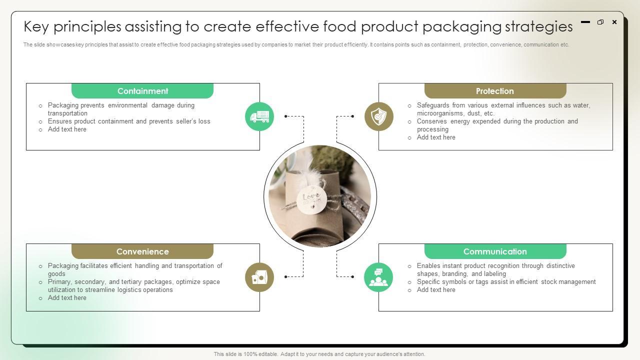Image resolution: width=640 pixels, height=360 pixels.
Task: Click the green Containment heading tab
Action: tap(142, 91)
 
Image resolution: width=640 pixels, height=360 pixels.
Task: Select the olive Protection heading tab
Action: tap(495, 91)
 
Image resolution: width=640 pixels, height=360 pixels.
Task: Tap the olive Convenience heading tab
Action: tap(142, 251)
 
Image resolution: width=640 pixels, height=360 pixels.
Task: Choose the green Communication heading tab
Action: tap(495, 251)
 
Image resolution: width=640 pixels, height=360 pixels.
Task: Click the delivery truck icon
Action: tap(259, 116)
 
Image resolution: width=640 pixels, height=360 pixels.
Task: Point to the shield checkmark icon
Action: tap(378, 116)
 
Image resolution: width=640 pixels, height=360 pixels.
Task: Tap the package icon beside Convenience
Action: tap(259, 277)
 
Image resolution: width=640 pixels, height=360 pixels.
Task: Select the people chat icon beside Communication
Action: tap(378, 277)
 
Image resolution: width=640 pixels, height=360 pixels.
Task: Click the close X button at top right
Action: tap(614, 22)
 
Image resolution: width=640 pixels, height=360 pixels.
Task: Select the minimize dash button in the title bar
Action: tap(585, 22)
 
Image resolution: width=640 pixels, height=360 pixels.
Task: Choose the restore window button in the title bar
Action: tap(600, 22)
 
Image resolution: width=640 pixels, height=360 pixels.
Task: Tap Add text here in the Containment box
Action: tap(67, 129)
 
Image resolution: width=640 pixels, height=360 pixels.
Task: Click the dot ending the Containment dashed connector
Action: tap(285, 116)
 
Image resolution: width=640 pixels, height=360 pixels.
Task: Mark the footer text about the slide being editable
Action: tap(319, 354)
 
